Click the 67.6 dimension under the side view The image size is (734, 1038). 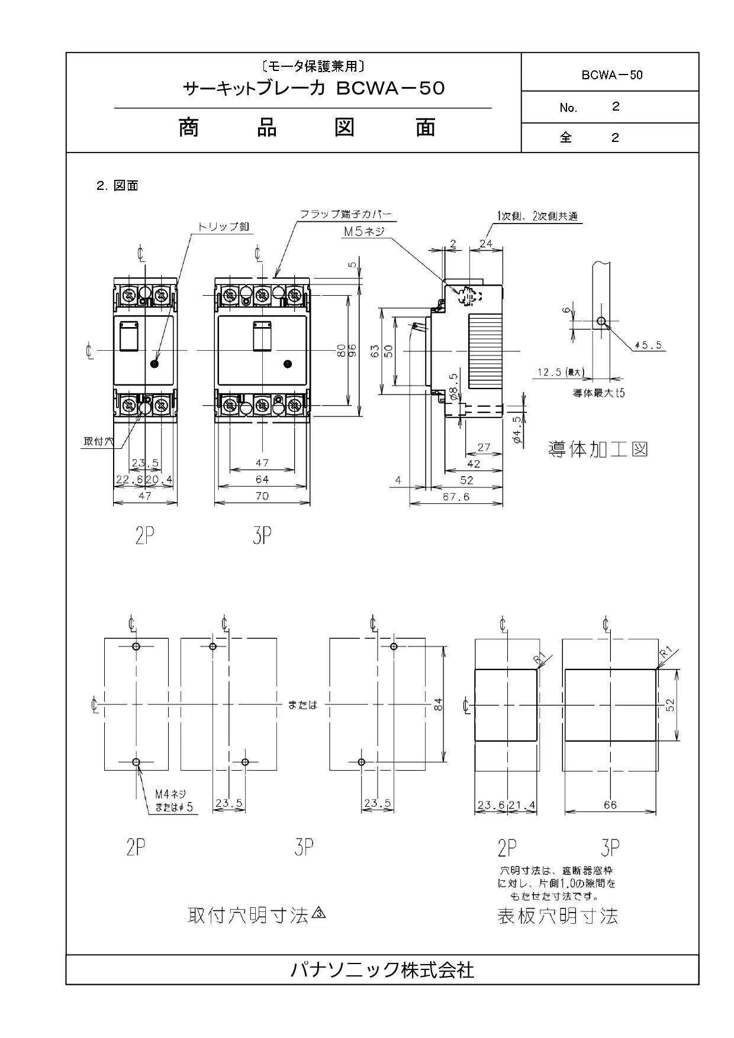tap(456, 497)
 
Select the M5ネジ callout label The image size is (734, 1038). tap(364, 232)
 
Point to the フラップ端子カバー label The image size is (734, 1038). tap(346, 214)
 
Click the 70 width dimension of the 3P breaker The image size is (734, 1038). tap(262, 496)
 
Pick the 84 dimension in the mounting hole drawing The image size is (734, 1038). tap(438, 704)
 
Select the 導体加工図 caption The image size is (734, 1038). tap(598, 449)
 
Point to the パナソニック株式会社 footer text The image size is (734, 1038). tap(382, 969)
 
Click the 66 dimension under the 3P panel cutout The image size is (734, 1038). tap(610, 804)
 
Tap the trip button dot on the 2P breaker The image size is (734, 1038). tap(154, 364)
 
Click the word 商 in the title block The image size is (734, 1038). tap(189, 128)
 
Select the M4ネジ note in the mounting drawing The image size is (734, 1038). tap(170, 795)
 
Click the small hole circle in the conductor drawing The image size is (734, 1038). tap(601, 321)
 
